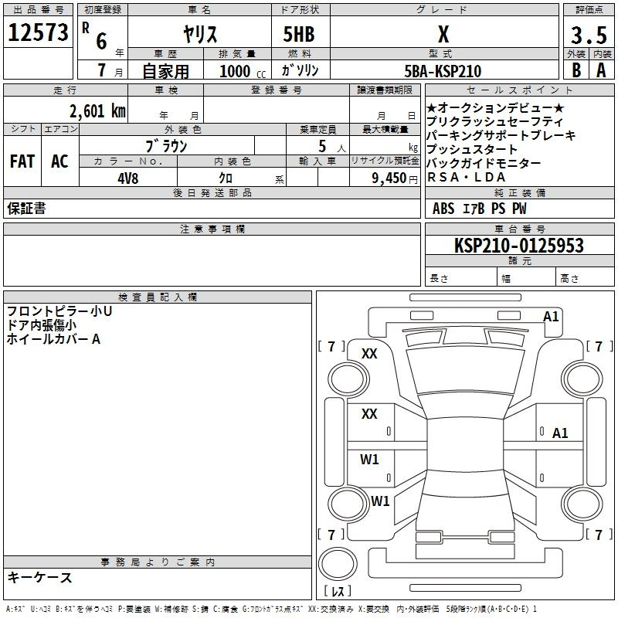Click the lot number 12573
click(x=38, y=32)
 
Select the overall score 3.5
click(x=589, y=35)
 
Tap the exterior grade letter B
click(x=576, y=70)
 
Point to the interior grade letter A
click(x=601, y=70)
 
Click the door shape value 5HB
click(x=299, y=34)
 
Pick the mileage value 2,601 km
click(x=98, y=111)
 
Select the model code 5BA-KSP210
click(x=443, y=71)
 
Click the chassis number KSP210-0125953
click(x=518, y=245)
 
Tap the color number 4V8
click(x=128, y=178)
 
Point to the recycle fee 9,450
click(x=389, y=178)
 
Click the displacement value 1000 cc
click(x=243, y=71)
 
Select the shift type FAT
click(x=22, y=161)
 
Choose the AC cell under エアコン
click(x=59, y=161)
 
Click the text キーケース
click(x=39, y=577)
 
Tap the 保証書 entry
click(x=26, y=208)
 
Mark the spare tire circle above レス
click(x=338, y=563)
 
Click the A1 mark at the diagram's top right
click(x=551, y=317)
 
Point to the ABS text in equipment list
click(x=443, y=208)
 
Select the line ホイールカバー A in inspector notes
click(x=53, y=339)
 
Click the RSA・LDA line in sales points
click(x=467, y=178)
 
